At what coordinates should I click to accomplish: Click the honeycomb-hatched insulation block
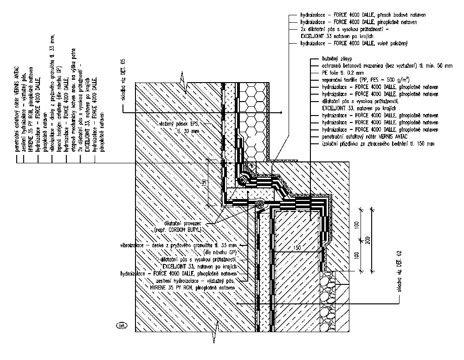(253, 121)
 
